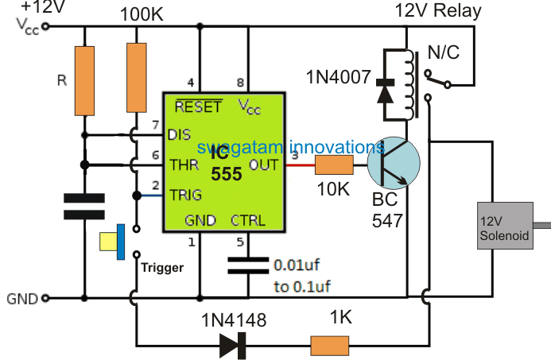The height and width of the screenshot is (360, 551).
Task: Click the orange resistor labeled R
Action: pos(84,79)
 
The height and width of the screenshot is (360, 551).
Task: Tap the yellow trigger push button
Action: pos(112,241)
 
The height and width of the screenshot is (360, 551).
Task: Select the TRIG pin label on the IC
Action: pos(185,194)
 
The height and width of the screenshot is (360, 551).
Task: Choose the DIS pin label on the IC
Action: pos(180,135)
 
